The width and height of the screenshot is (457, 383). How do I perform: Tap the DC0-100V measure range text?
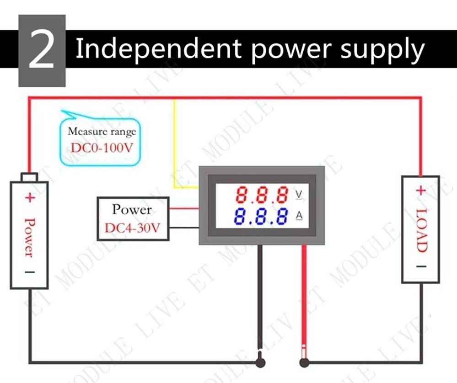[x=102, y=148]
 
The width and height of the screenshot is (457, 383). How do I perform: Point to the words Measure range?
[x=102, y=131]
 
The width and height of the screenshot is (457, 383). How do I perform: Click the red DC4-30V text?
[x=132, y=228]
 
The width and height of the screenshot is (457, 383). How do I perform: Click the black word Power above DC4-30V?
[x=132, y=209]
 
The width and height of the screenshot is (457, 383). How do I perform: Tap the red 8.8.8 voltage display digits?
[x=262, y=195]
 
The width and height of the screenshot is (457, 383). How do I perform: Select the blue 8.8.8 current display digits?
[x=261, y=216]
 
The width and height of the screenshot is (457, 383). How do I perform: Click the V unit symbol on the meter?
[x=299, y=194]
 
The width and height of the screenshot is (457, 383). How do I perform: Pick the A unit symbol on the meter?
[x=299, y=216]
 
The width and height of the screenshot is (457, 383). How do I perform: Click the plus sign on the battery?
[x=30, y=198]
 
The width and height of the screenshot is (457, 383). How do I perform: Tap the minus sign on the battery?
[x=29, y=272]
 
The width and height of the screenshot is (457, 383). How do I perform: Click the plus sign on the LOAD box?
[x=420, y=191]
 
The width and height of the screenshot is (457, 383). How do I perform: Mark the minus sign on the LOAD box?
[x=421, y=266]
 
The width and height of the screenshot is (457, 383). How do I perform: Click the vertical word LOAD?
[x=421, y=230]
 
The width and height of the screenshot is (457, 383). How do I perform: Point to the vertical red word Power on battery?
[x=29, y=237]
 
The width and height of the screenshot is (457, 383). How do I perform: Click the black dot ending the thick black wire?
[x=260, y=362]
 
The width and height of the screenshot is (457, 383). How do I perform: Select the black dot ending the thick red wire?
[x=304, y=362]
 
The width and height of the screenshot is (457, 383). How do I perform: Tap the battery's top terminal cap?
[x=29, y=177]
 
